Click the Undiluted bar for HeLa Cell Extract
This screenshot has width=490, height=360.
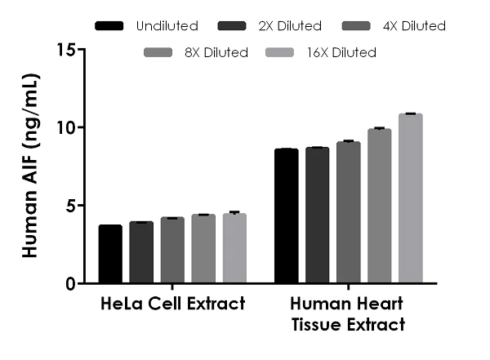click(110, 254)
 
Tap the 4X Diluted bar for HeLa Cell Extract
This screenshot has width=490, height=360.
click(172, 251)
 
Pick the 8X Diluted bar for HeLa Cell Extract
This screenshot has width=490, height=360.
click(203, 249)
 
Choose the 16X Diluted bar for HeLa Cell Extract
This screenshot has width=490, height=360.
click(234, 248)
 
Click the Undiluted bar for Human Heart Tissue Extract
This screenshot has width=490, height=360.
click(286, 216)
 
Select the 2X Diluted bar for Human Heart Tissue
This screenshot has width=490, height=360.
click(317, 216)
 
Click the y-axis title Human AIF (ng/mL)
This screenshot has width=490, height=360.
click(30, 167)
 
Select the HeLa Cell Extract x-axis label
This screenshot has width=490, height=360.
click(172, 305)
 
